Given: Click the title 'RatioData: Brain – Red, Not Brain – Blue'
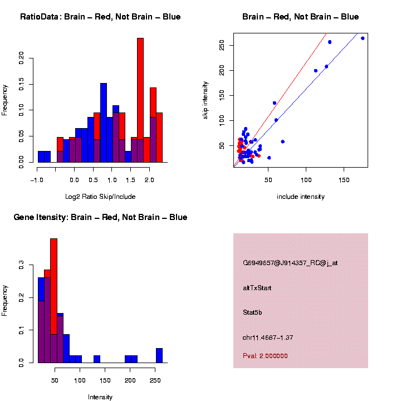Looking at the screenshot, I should (100, 17).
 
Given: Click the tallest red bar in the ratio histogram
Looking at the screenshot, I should (140, 100).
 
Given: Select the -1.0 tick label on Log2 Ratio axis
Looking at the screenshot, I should (37, 180).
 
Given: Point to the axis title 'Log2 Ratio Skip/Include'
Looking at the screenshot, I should (100, 197).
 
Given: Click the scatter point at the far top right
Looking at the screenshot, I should (363, 38).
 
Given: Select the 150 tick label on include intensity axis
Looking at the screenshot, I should (344, 180).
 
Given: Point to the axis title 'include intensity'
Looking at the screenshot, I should (300, 197).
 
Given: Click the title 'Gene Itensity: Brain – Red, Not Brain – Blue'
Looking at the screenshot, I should (100, 217).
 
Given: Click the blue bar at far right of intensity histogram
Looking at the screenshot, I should (159, 355).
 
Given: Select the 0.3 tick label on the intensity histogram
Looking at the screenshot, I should (22, 267).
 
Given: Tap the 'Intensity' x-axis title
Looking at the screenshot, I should (100, 397).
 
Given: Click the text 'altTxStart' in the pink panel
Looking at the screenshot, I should (257, 288).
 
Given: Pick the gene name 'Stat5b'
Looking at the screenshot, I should (252, 312).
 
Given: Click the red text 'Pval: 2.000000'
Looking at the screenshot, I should (265, 356).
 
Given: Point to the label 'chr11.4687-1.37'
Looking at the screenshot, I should (267, 338).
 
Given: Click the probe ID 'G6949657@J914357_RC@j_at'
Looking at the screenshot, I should (290, 263).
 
